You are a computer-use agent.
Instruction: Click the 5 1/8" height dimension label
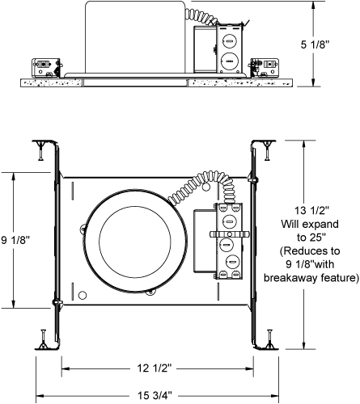pos(316,44)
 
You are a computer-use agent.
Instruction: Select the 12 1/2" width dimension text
pos(155,368)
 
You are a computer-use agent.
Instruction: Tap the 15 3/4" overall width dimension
pos(155,395)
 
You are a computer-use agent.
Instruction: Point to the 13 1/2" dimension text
pos(311,210)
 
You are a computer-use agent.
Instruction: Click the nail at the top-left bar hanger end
pos(40,150)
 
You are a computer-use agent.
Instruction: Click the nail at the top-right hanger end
pos(267,150)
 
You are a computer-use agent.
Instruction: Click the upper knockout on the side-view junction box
pos(229,41)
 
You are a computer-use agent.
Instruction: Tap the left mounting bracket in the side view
pos(46,68)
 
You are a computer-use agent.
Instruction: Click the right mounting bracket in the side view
pos(264,68)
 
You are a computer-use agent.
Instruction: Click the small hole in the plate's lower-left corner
pos(83,295)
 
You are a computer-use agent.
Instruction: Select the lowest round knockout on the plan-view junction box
pos(232,262)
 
